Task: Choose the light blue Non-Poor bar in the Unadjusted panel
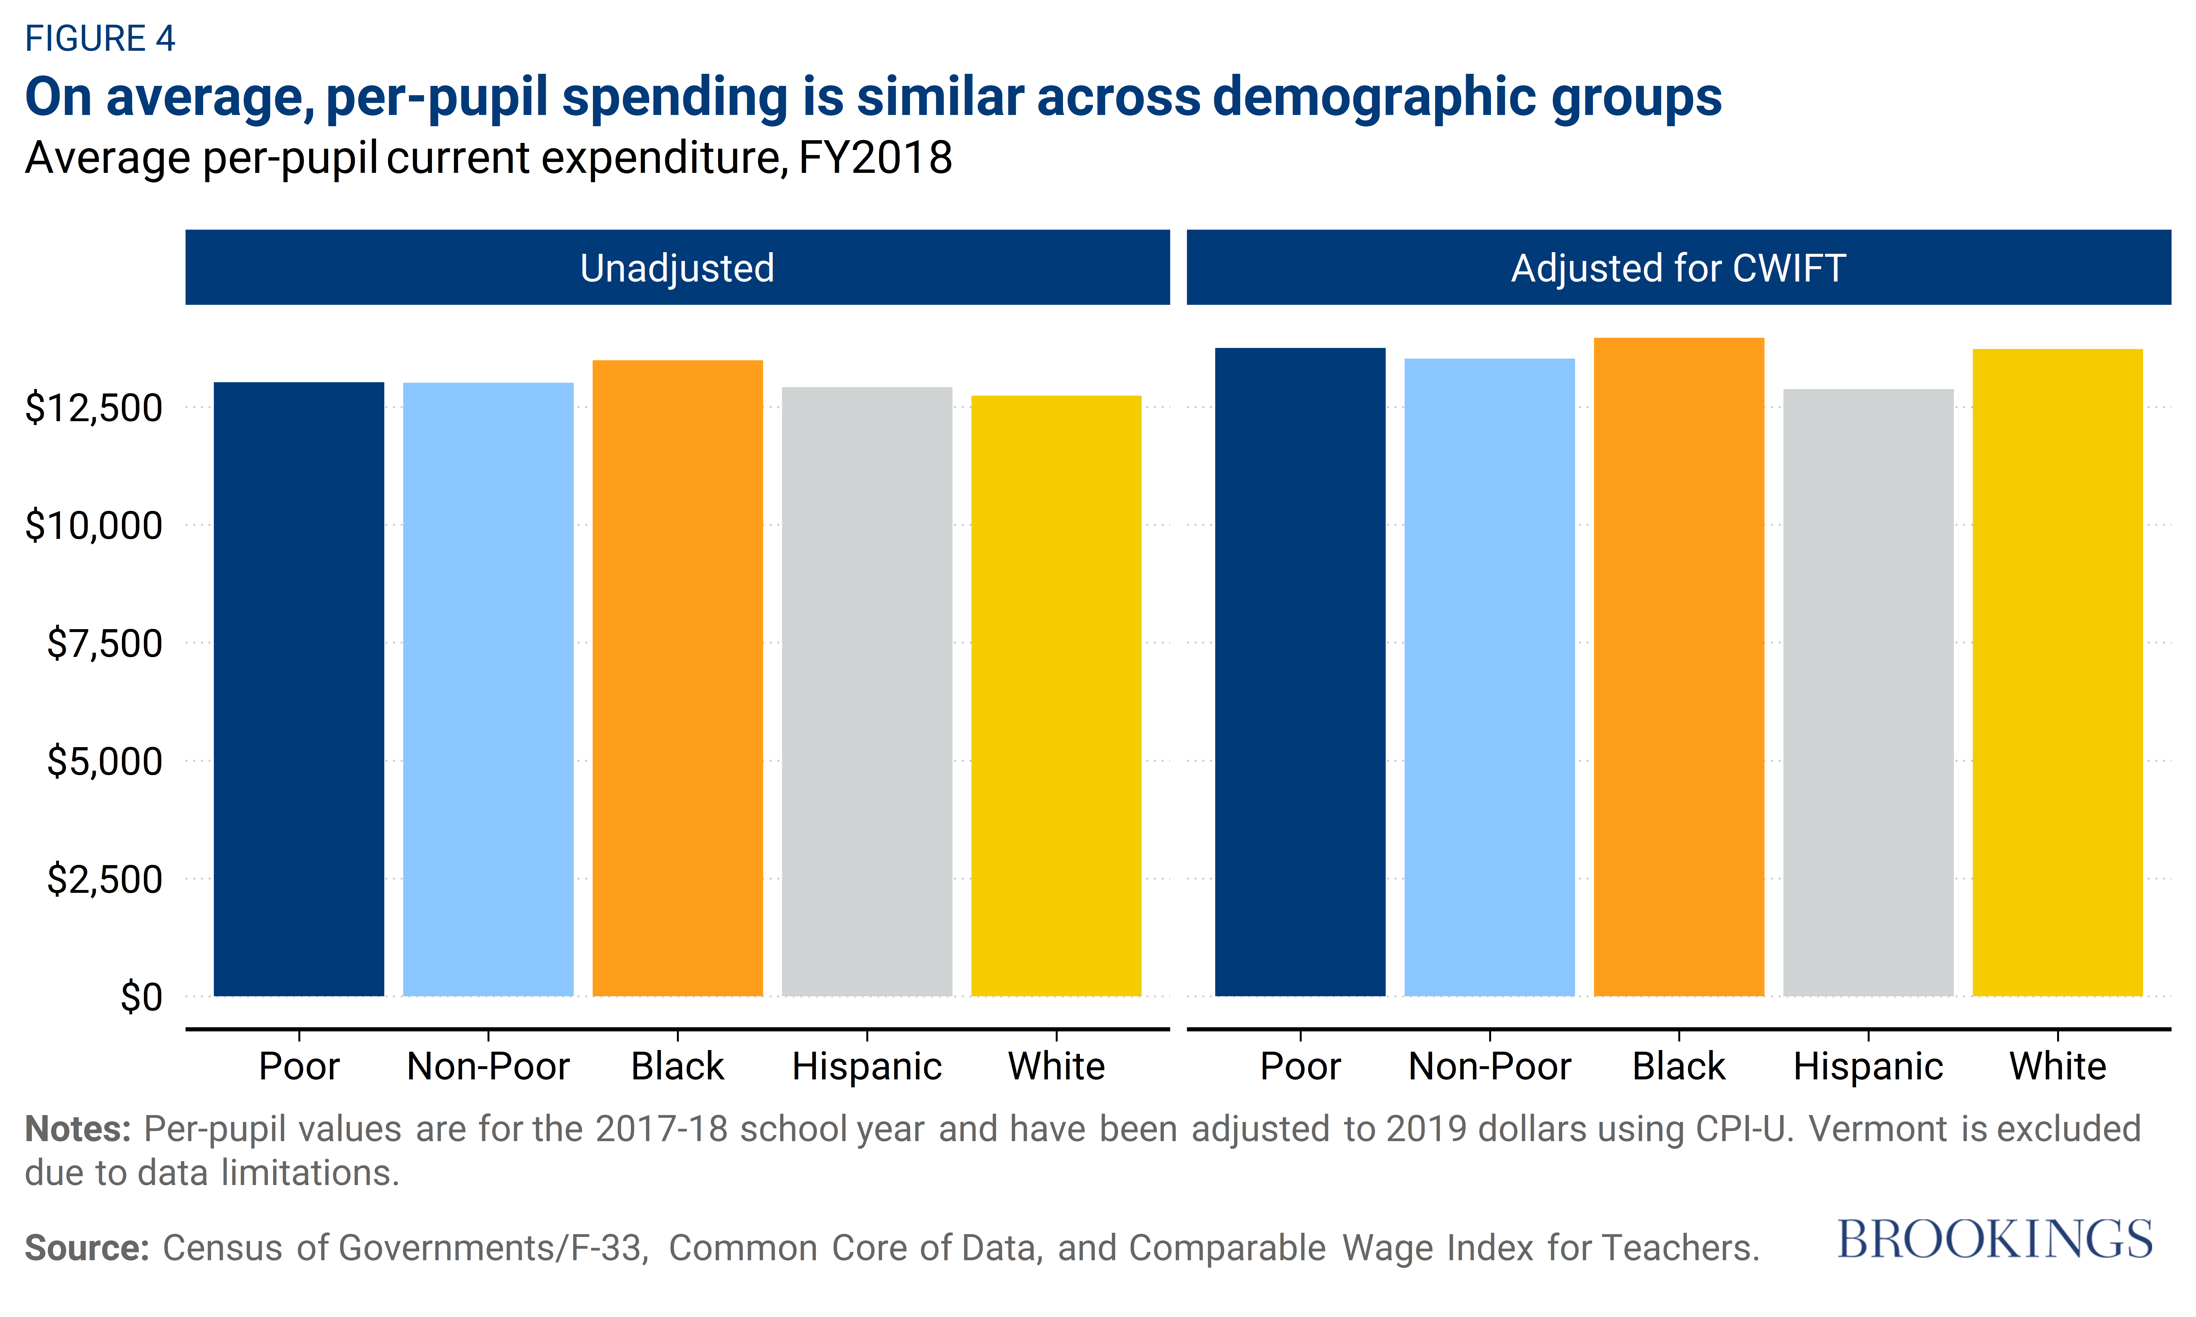488,690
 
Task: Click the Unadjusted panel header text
677,268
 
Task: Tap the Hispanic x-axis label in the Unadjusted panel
866,1066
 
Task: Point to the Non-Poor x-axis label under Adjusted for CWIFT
1489,1066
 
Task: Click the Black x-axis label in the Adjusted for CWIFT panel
1679,1066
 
